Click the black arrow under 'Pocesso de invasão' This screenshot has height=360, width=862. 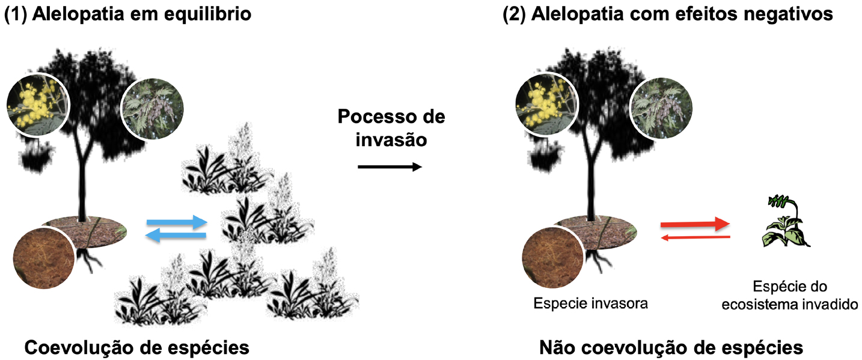pos(390,167)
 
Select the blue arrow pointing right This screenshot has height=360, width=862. pos(176,223)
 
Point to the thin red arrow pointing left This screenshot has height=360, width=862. pos(695,238)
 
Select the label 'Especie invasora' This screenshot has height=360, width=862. pos(590,304)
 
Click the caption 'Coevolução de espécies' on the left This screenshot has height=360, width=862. pos(136,347)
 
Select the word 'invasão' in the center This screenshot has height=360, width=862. pos(391,139)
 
